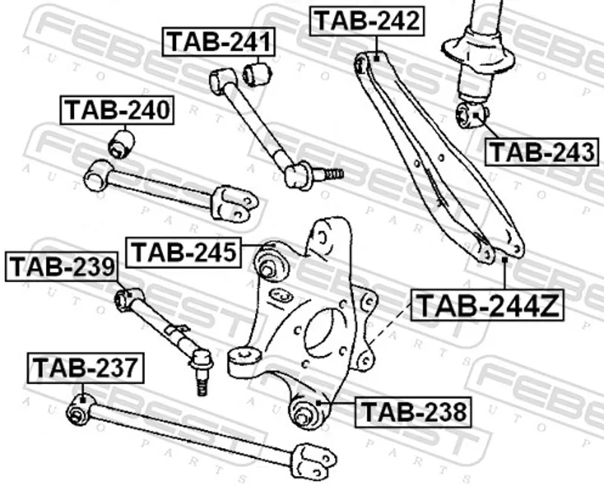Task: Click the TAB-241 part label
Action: coord(219,42)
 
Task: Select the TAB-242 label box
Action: coord(367,21)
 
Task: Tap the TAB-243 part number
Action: coord(542,152)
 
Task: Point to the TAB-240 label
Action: coord(117,110)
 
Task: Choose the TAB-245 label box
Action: coord(183,252)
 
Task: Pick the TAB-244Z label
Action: coord(487,305)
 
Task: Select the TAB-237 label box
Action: coord(85,367)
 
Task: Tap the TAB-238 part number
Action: coord(413,412)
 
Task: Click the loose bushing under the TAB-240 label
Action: coord(121,144)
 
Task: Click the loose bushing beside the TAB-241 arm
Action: coord(257,73)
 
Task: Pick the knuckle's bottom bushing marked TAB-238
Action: coord(306,413)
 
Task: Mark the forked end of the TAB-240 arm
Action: coord(235,203)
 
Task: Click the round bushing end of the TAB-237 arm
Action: coord(81,409)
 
